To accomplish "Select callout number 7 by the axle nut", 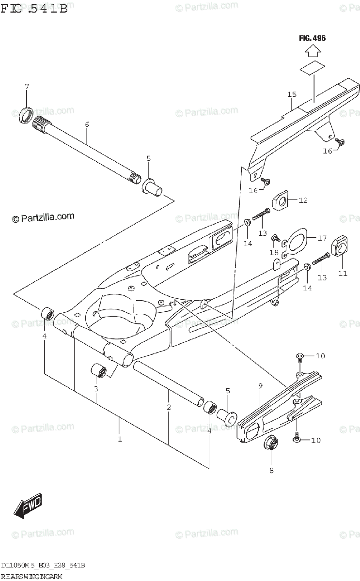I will point(27,87).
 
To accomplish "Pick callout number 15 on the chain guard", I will point(291,94).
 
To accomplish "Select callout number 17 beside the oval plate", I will point(322,238).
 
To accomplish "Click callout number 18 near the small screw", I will point(274,253).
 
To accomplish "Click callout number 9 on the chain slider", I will point(260,386).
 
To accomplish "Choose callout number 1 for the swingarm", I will point(119,439).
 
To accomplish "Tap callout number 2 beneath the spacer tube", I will point(169,407).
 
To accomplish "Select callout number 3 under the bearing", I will point(96,389).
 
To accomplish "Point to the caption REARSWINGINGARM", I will point(33,576).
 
